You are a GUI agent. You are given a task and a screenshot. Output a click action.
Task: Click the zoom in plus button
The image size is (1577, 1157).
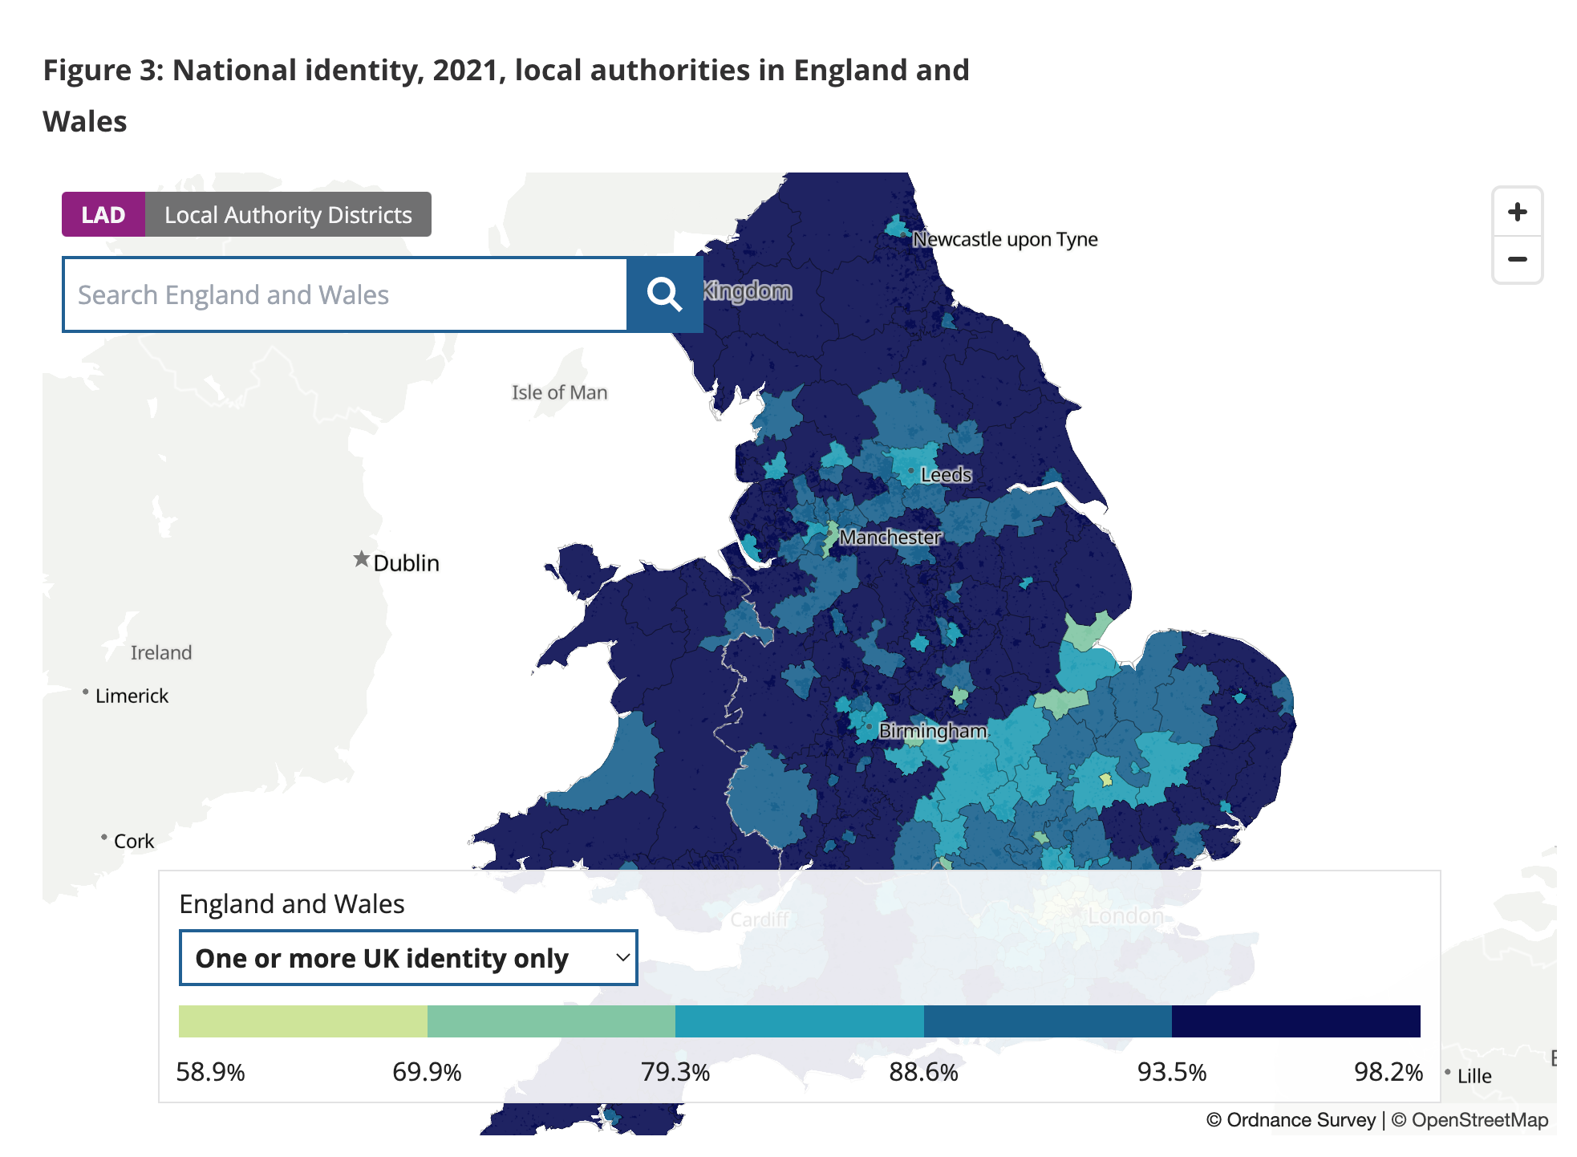point(1516,213)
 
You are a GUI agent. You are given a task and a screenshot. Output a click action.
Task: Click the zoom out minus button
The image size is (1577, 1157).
point(1516,259)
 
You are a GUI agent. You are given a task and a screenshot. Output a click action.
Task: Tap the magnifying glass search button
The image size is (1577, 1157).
point(664,294)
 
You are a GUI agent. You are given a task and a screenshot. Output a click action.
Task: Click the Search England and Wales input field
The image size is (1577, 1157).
point(345,294)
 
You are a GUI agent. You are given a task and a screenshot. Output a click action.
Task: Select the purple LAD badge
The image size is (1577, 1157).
point(103,215)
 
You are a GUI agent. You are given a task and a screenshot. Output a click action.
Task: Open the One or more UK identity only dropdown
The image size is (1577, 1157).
point(408,958)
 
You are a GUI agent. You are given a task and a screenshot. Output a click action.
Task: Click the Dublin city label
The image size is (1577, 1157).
point(406,563)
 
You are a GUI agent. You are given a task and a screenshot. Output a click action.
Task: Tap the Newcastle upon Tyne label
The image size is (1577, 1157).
point(1004,239)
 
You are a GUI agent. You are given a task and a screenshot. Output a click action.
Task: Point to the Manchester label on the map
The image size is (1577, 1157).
point(890,537)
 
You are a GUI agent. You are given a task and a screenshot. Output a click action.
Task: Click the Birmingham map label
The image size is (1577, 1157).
point(932,731)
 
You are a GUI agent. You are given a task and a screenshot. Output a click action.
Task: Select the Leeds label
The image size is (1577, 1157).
point(946,475)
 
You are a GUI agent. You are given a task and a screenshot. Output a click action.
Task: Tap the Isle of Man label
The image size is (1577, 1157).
point(559,392)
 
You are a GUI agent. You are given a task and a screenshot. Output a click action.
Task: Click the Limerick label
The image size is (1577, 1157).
point(132,696)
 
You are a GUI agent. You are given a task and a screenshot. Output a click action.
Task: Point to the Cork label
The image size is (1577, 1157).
point(133,841)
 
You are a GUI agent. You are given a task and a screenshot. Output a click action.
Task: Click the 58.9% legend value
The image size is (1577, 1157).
point(210,1072)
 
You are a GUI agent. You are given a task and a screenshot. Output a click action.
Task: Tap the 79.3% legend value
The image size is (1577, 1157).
point(675,1072)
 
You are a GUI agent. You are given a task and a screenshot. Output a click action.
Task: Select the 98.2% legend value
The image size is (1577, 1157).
point(1388,1072)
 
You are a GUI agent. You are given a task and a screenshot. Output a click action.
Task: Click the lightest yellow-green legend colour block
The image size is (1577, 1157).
point(303,1021)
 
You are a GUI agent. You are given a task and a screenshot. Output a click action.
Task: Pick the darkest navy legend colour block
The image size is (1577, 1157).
point(1295,1021)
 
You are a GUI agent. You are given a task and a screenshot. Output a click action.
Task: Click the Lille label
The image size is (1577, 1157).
point(1474,1076)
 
